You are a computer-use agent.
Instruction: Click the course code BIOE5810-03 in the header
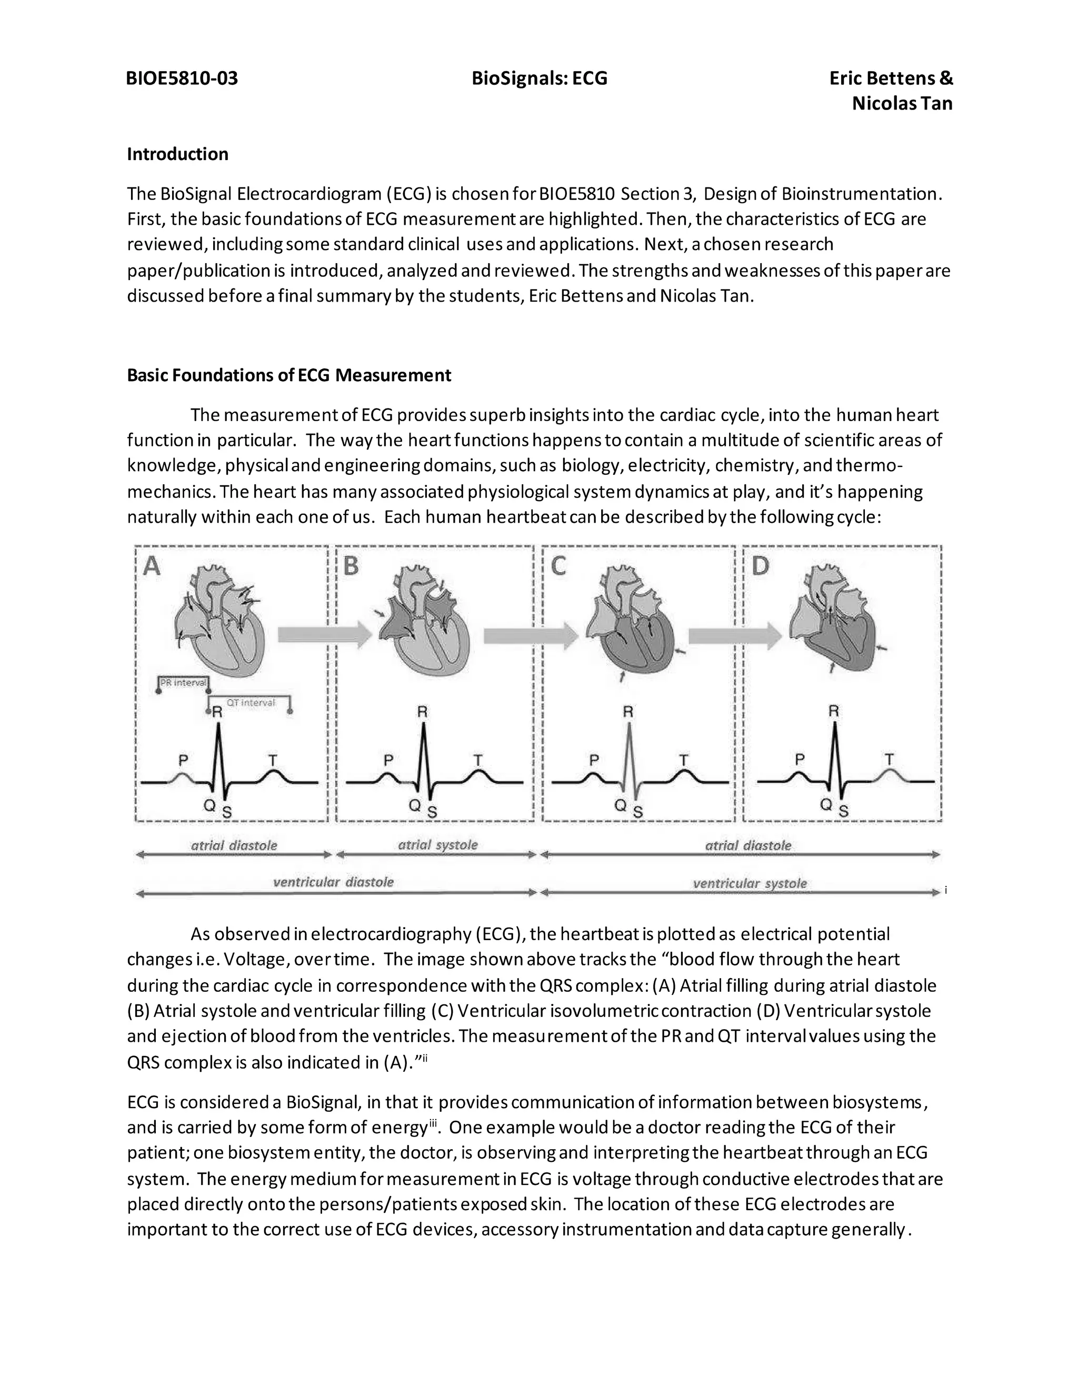[x=182, y=78]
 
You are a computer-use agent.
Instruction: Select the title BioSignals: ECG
[x=539, y=78]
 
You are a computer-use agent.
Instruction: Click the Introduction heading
[x=177, y=154]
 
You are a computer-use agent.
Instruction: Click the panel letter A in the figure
[x=152, y=566]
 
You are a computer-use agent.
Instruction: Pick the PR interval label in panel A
[x=183, y=682]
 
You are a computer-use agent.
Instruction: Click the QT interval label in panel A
[x=251, y=703]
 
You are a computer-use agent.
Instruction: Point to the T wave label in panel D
[x=889, y=759]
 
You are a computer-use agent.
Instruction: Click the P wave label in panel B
[x=388, y=760]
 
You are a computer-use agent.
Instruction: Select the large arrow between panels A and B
[x=324, y=635]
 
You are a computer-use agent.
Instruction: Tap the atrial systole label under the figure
[x=437, y=845]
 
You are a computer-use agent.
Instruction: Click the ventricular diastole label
[x=333, y=882]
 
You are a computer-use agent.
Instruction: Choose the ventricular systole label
[x=749, y=883]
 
